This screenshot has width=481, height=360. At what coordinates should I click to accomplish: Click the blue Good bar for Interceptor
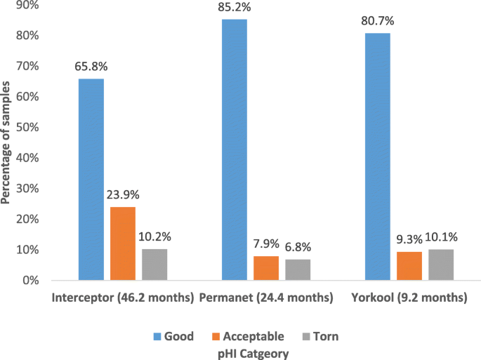pyautogui.click(x=91, y=180)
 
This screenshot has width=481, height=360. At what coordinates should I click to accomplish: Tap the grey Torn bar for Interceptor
pyautogui.click(x=154, y=265)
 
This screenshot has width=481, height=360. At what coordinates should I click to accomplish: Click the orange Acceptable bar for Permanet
pyautogui.click(x=266, y=268)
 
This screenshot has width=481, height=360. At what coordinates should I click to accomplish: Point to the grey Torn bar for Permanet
pyautogui.click(x=298, y=269)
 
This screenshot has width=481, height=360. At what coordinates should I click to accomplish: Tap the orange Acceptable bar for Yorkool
pyautogui.click(x=409, y=266)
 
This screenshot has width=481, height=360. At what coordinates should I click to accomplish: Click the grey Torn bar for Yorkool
pyautogui.click(x=441, y=265)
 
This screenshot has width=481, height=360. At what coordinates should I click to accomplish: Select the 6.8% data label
pyautogui.click(x=298, y=247)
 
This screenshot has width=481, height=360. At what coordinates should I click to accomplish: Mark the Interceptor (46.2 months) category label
pyautogui.click(x=122, y=298)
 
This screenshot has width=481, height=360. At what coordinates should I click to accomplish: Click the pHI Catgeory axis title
pyautogui.click(x=253, y=354)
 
